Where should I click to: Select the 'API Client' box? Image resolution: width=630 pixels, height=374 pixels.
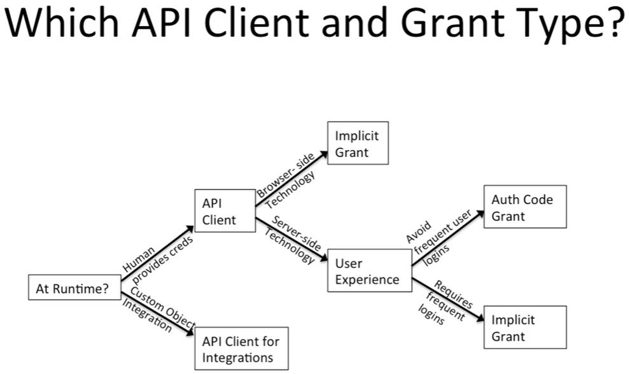[224, 212]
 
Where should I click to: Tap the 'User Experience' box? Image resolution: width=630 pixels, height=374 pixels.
[369, 270]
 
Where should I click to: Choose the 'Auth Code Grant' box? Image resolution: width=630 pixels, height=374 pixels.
[524, 207]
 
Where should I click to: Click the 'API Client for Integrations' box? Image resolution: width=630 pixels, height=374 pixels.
[241, 349]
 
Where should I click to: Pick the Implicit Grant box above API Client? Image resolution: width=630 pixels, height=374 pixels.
[357, 144]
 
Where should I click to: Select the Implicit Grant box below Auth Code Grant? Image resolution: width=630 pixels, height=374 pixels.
[524, 327]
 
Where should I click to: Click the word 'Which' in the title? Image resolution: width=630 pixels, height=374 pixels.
[60, 24]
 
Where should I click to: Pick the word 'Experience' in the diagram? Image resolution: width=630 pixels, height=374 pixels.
[367, 279]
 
